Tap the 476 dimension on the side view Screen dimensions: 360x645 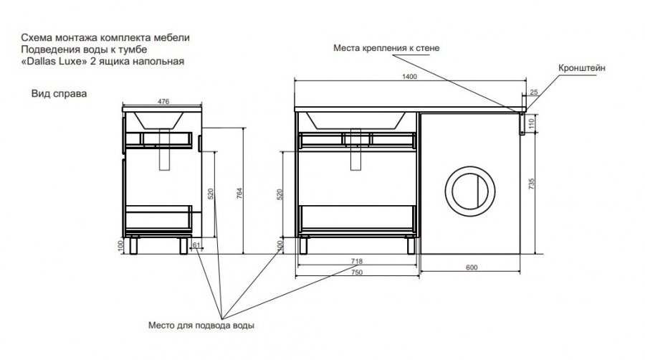click(x=163, y=102)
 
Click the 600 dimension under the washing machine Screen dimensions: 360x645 click(x=472, y=267)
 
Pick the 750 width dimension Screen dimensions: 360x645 click(x=356, y=273)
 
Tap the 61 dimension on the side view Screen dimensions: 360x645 click(x=196, y=245)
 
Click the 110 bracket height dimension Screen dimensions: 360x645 click(x=532, y=123)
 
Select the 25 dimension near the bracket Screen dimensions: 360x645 click(x=534, y=92)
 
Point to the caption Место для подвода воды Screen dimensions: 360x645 click(x=201, y=325)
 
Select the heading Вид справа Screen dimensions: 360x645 click(x=54, y=93)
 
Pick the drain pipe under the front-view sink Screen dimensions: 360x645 click(x=355, y=152)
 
